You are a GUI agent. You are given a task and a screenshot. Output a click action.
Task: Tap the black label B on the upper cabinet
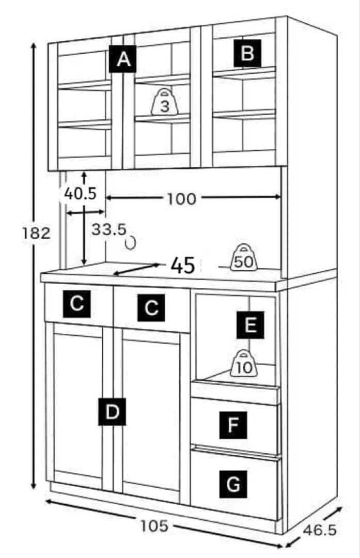(x=247, y=53)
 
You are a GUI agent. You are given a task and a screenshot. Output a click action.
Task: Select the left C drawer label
(x=77, y=304)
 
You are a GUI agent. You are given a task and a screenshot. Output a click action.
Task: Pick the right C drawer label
(x=151, y=308)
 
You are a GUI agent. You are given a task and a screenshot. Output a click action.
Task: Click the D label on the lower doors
(x=112, y=411)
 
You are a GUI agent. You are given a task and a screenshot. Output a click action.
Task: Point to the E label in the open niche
(x=250, y=325)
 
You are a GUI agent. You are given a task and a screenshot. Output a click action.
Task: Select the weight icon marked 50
(x=243, y=258)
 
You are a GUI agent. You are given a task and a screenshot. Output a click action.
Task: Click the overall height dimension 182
(x=36, y=233)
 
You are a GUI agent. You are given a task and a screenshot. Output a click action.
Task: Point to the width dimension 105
(x=154, y=526)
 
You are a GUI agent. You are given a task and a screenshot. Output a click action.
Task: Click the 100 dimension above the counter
(x=181, y=198)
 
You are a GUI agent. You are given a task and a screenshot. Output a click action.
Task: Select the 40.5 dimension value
(x=80, y=193)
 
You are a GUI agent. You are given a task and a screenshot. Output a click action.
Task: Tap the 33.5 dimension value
(x=109, y=229)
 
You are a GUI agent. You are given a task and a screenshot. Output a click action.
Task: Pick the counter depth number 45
(x=182, y=266)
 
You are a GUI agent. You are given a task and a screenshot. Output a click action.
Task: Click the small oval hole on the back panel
(x=131, y=242)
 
